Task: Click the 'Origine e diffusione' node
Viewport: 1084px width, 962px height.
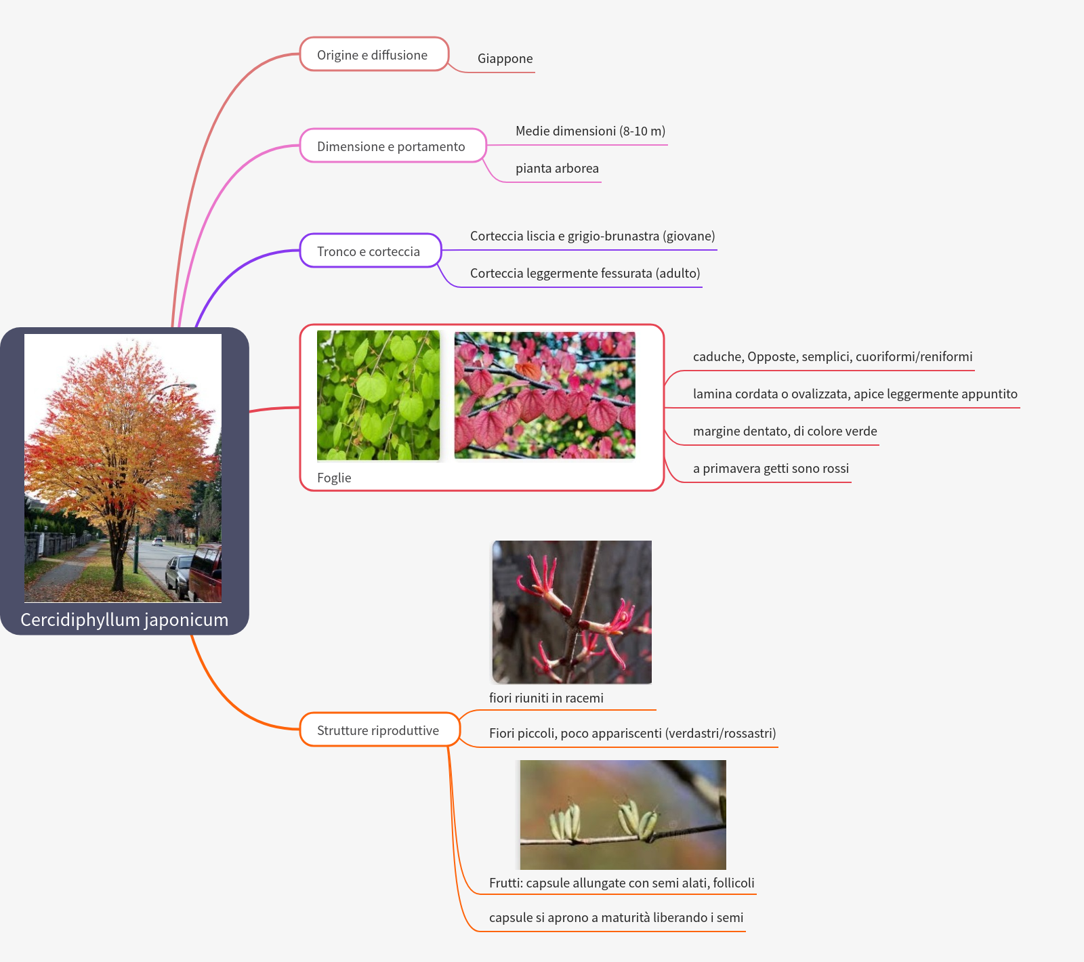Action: click(x=373, y=55)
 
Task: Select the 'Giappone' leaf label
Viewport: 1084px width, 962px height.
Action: click(x=505, y=59)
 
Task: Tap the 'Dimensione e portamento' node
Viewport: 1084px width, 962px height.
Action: click(x=392, y=146)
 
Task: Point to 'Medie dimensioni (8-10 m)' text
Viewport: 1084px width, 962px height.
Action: click(x=590, y=131)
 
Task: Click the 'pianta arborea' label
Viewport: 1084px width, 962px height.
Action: click(x=557, y=169)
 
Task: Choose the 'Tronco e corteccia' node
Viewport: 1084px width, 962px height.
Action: click(x=369, y=251)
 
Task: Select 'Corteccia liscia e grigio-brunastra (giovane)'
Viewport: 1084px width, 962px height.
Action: click(x=592, y=236)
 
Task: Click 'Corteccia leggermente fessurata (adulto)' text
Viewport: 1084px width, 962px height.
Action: click(x=585, y=274)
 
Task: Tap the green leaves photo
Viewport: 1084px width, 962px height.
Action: click(x=378, y=395)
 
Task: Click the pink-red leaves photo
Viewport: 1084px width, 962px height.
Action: click(x=545, y=395)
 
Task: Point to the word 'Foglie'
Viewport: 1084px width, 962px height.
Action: click(x=334, y=478)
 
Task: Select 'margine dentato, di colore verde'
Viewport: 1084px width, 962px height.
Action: click(x=785, y=432)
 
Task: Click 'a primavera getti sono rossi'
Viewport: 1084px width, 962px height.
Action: click(x=770, y=469)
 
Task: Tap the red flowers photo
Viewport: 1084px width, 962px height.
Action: click(x=572, y=612)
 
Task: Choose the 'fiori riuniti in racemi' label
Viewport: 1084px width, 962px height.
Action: click(x=546, y=698)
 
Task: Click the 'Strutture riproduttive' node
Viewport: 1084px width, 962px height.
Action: click(x=378, y=730)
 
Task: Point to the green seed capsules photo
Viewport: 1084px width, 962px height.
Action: click(x=623, y=814)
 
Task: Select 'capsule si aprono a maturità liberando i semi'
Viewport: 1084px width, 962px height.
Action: click(x=616, y=918)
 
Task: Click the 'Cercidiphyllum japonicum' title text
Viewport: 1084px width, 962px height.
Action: click(x=125, y=620)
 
